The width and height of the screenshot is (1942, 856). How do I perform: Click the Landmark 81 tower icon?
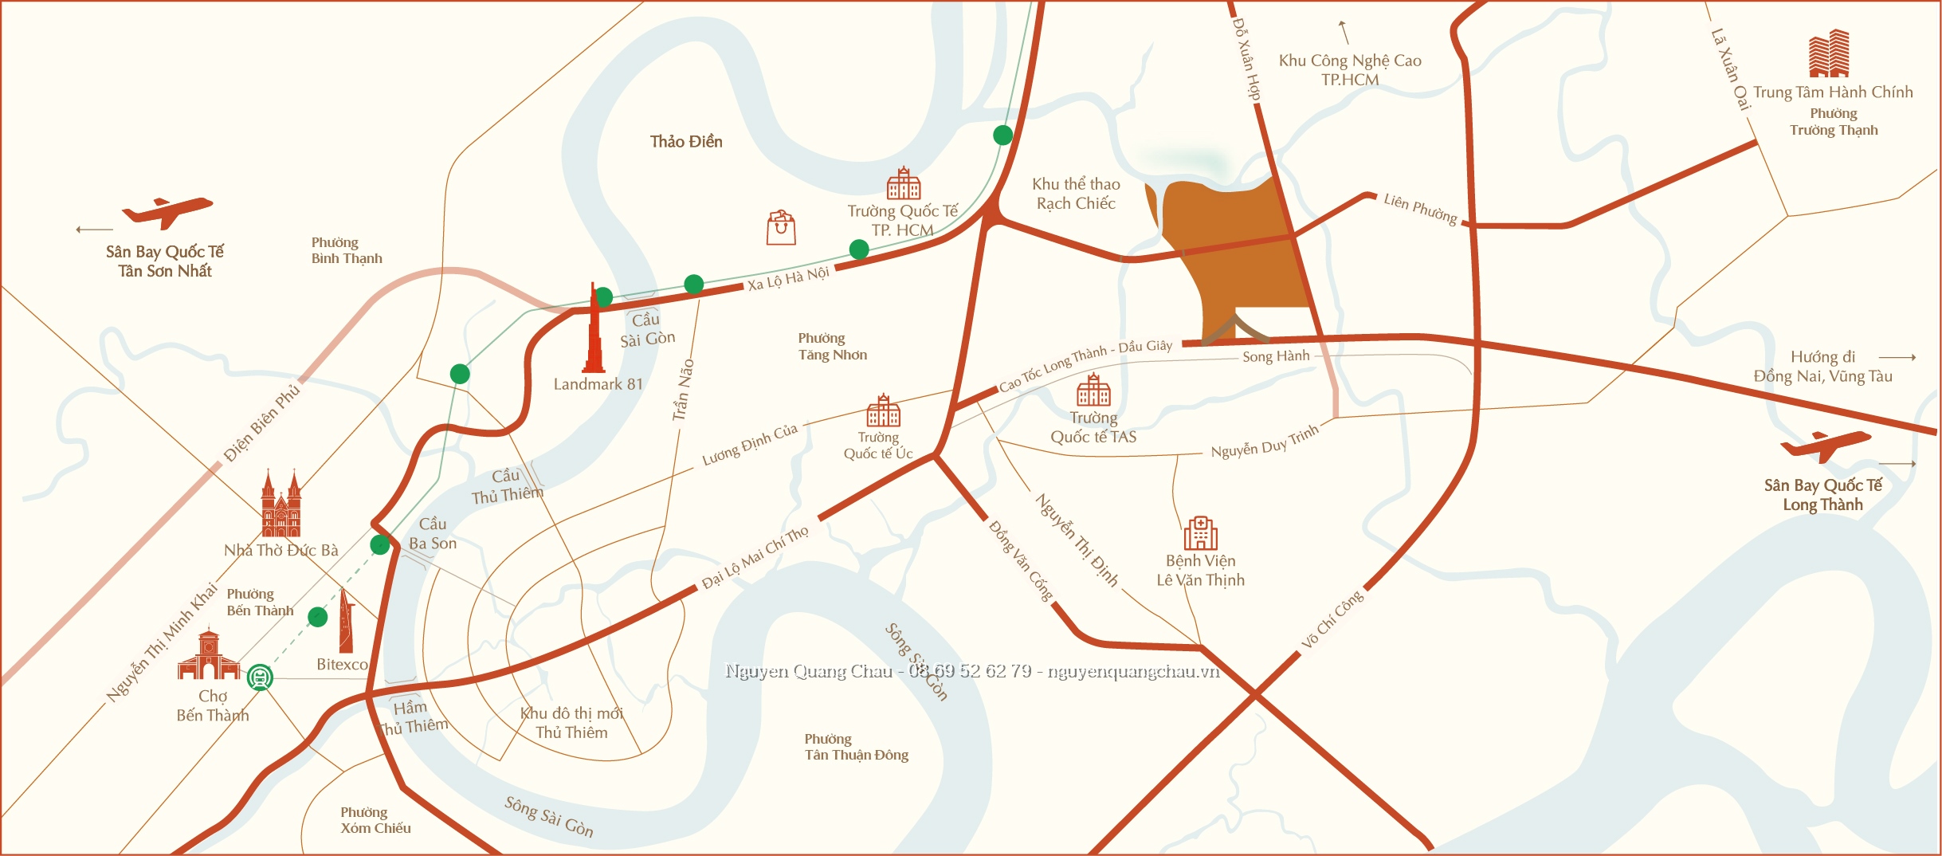tap(594, 331)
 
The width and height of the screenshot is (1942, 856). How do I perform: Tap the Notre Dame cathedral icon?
tap(281, 505)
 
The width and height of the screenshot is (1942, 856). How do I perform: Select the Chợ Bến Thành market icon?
tap(209, 655)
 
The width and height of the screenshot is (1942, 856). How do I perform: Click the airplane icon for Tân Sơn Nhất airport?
tap(167, 212)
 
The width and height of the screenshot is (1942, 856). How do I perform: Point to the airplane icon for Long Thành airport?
tap(1826, 446)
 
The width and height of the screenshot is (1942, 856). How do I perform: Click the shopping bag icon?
tap(781, 228)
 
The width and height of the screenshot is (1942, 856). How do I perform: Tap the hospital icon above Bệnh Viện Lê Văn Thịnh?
tap(1200, 532)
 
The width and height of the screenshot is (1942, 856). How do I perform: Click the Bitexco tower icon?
tap(345, 622)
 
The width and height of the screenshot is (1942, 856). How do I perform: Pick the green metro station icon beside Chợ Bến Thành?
tap(260, 677)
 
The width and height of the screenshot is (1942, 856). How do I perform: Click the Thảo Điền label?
tap(686, 142)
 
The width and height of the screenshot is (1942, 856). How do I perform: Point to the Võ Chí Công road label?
tap(1332, 619)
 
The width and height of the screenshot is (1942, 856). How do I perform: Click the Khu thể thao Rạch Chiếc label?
tap(1076, 194)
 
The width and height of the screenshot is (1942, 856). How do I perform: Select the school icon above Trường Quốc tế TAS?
tap(1093, 390)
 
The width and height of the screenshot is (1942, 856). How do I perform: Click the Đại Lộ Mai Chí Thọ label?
tap(755, 557)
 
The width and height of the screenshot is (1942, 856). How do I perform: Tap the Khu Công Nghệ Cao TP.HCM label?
tap(1350, 70)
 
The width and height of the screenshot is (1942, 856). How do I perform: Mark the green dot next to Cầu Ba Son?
tap(380, 545)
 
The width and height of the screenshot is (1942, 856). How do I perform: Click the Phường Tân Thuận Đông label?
tap(856, 747)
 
